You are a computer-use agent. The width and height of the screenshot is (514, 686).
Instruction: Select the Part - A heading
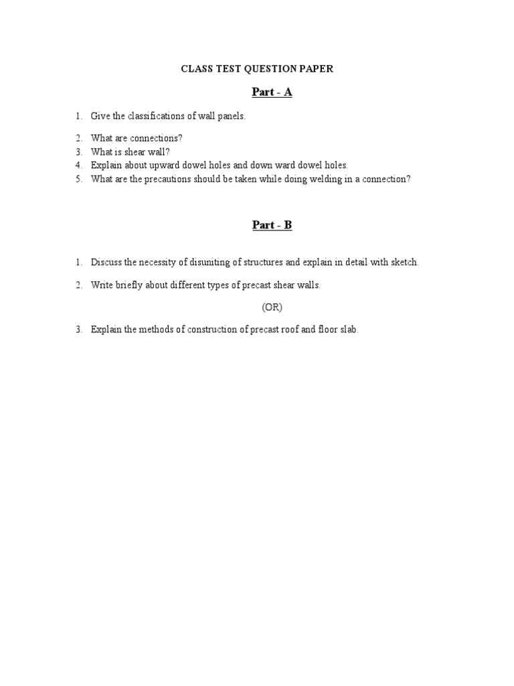[272, 92]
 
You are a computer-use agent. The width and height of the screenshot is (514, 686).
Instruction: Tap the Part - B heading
[272, 225]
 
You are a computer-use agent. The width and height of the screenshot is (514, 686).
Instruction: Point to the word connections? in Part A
[158, 138]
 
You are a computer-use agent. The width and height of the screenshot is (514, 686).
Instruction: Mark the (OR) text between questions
[272, 307]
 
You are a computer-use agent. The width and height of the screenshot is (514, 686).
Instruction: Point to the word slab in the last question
[349, 330]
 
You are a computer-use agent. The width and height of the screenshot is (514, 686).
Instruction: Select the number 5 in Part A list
[78, 179]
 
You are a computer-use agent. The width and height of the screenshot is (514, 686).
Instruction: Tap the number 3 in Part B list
[78, 330]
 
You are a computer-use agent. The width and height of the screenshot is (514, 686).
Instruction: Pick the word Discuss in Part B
[106, 263]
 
